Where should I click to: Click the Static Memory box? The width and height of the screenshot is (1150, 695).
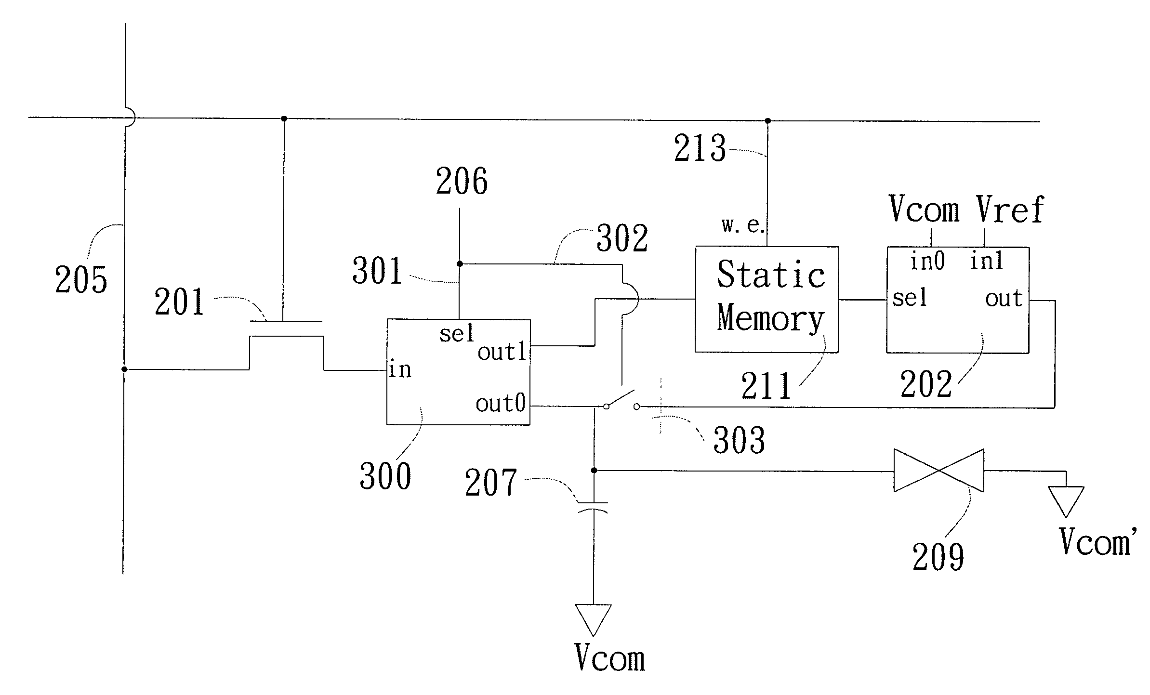point(767,300)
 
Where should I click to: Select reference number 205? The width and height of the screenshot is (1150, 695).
point(81,279)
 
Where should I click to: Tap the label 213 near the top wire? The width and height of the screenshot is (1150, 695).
point(700,148)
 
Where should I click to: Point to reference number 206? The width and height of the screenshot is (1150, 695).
point(462,182)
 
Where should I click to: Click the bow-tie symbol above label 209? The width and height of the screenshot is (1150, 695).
point(939,471)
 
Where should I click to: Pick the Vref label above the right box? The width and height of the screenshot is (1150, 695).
point(1010,210)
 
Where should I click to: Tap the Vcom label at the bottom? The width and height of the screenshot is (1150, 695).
point(609,657)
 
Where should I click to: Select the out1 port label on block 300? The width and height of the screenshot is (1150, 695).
point(502,352)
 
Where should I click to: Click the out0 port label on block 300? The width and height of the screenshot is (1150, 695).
point(501,403)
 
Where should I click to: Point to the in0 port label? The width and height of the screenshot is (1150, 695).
point(927,262)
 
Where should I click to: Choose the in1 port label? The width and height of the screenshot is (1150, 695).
point(986,262)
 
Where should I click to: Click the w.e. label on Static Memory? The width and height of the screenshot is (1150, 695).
point(742,225)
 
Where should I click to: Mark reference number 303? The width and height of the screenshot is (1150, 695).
point(739,440)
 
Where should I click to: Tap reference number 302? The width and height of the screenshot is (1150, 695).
point(622,238)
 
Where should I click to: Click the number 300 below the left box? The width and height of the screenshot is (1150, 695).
point(385,476)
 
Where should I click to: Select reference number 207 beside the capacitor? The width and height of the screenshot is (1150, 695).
point(490,483)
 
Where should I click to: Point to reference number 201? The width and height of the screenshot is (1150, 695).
point(180,302)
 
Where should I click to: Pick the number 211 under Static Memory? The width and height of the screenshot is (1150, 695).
point(766,386)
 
